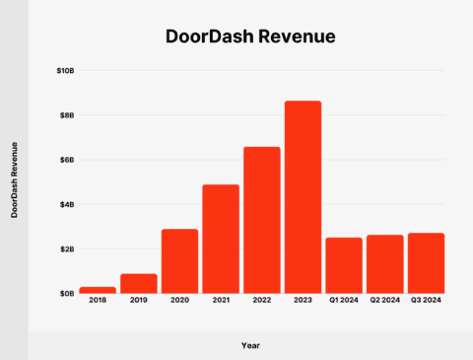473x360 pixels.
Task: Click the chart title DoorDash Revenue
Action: tap(250, 37)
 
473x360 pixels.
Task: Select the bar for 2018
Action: tap(98, 289)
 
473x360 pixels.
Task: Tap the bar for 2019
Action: tap(139, 283)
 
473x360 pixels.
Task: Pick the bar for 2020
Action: tap(179, 260)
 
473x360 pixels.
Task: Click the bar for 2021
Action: tap(221, 239)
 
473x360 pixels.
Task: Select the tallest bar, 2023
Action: tap(303, 196)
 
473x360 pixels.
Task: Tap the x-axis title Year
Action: tap(250, 345)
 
